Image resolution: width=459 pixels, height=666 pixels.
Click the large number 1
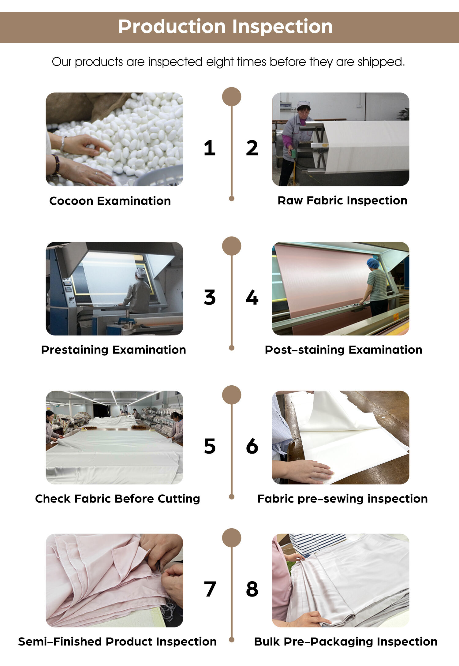point(210,148)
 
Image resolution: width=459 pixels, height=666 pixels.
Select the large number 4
point(252,297)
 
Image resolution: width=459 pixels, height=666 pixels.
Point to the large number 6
point(252,446)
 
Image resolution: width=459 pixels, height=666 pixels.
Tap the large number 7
point(210,589)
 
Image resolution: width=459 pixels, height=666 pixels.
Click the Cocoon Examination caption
point(110,201)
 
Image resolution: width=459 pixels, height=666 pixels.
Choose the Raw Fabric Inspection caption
point(342,200)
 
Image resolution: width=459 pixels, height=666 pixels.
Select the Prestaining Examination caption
point(114,350)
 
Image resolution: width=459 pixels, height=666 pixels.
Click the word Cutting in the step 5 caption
point(179,499)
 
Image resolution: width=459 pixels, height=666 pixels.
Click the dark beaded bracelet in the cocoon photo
point(56,164)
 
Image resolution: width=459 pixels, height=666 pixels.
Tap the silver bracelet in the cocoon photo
point(63,144)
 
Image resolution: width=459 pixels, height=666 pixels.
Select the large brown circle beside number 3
point(232,246)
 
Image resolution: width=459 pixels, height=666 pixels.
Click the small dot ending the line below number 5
point(232,497)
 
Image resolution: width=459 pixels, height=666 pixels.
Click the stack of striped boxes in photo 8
point(317,544)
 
